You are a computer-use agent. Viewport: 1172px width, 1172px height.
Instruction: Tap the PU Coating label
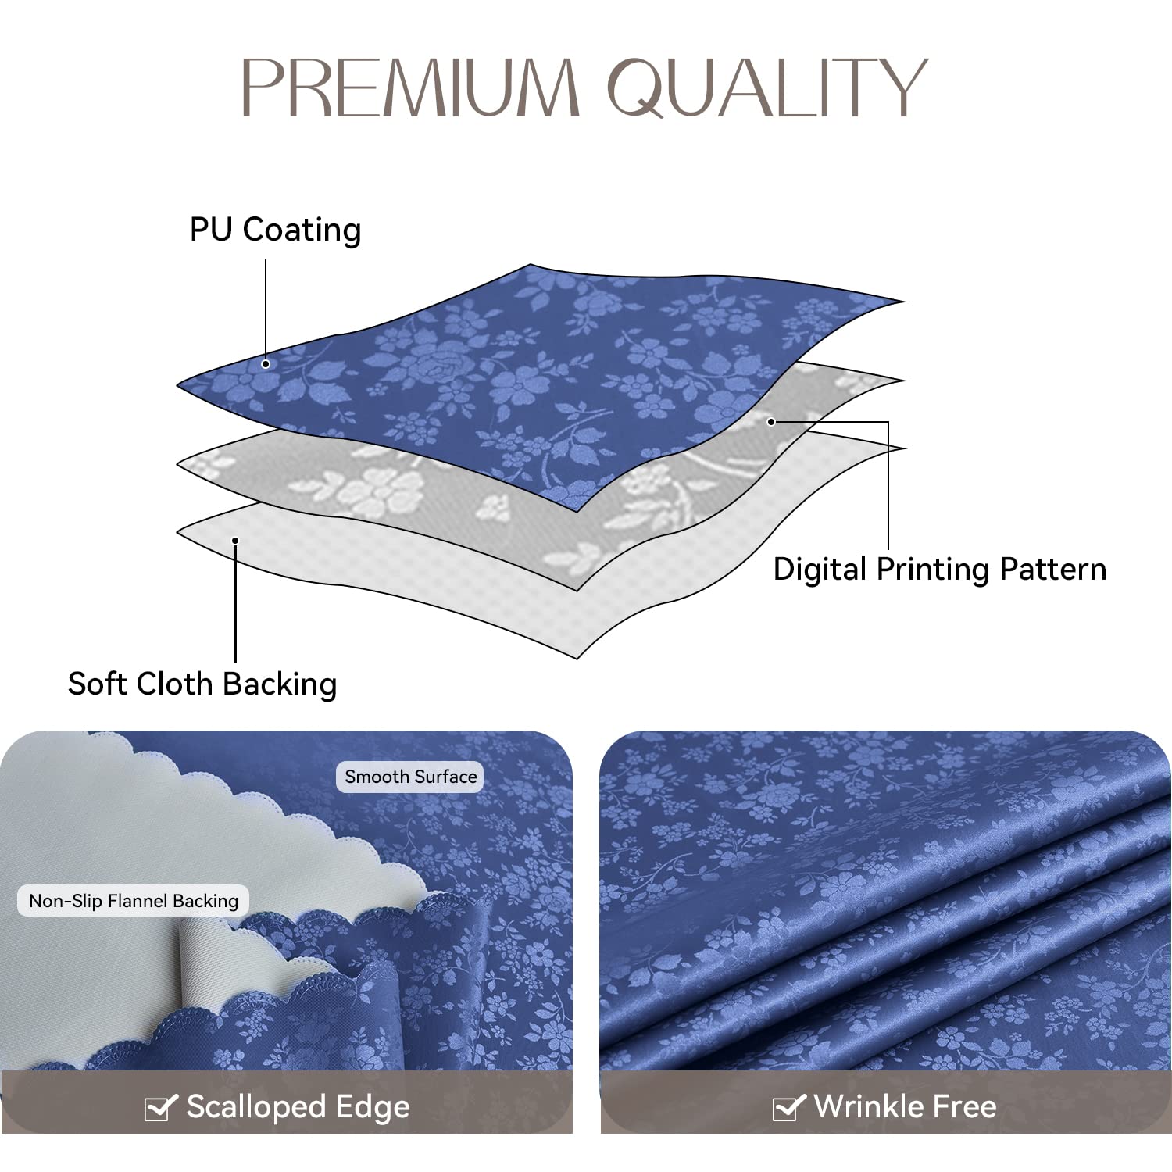click(x=275, y=230)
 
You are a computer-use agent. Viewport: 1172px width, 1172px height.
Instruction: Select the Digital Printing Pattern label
click(x=939, y=569)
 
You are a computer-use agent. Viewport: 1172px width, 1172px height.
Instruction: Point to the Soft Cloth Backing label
click(x=202, y=684)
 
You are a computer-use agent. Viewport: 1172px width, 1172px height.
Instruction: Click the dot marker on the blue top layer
click(x=266, y=364)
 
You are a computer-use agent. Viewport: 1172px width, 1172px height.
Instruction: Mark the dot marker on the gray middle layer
click(x=770, y=422)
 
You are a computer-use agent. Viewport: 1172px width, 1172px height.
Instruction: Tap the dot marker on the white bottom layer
click(x=235, y=540)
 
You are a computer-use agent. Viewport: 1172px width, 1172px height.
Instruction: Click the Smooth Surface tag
click(x=411, y=777)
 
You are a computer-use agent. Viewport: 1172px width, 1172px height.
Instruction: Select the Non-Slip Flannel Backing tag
click(x=134, y=901)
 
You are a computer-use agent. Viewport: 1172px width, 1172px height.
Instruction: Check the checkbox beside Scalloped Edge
click(x=160, y=1107)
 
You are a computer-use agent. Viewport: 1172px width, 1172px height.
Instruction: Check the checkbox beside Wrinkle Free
click(x=788, y=1107)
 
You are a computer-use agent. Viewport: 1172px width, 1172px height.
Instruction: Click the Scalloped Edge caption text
click(x=298, y=1107)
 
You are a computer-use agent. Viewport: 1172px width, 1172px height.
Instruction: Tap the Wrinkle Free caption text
click(x=905, y=1106)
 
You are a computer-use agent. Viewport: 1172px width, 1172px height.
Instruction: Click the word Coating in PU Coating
click(x=302, y=230)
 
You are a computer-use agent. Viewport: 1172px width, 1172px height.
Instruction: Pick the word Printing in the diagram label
click(x=933, y=570)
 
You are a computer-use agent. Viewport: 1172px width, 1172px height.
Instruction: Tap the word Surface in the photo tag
click(x=446, y=777)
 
